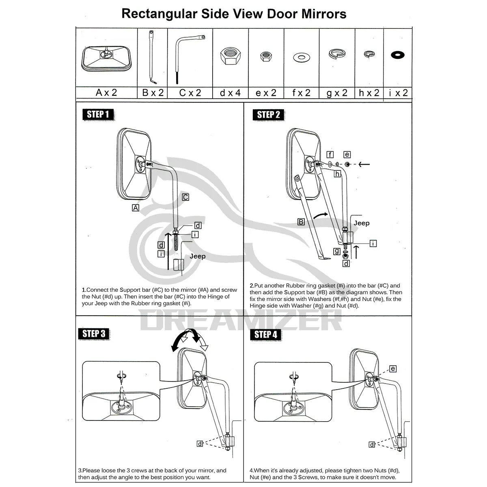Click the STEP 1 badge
click(97, 114)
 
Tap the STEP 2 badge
click(268, 115)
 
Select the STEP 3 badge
click(94, 334)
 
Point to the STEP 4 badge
click(266, 334)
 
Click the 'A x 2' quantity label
click(106, 93)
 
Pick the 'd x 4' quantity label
click(230, 93)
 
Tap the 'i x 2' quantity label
click(398, 93)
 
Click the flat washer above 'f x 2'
click(301, 55)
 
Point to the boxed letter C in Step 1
click(185, 197)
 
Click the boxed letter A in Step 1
click(136, 208)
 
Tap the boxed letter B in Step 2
click(301, 222)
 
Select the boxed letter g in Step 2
click(337, 251)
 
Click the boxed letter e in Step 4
click(393, 369)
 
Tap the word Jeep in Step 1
click(198, 256)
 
